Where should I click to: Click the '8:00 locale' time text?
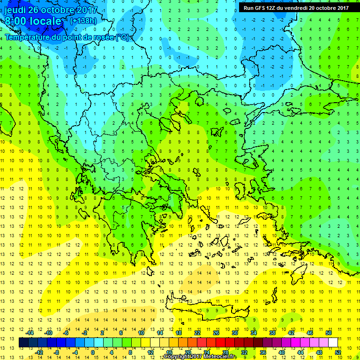pyautogui.click(x=33, y=21)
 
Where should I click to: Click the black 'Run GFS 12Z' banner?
pyautogui.click(x=296, y=7)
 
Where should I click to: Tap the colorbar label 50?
pyautogui.click(x=329, y=332)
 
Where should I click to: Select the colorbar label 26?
pyautogui.click(x=216, y=332)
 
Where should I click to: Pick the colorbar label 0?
pyautogui.click(x=93, y=352)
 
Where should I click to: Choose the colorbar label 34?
pyautogui.click(x=254, y=332)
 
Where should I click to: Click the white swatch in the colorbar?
pyautogui.click(x=333, y=342)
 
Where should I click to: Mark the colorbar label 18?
pyautogui.click(x=179, y=332)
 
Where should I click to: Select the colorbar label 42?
pyautogui.click(x=291, y=332)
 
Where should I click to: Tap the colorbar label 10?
pyautogui.click(x=141, y=332)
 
